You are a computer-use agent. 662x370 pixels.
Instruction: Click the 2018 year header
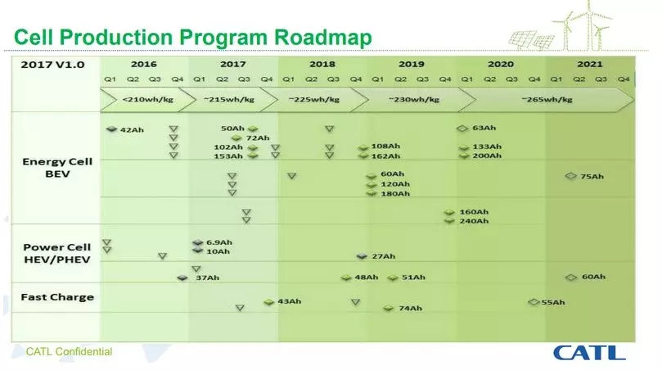tap(322, 64)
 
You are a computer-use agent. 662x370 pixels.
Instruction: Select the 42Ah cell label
tap(132, 129)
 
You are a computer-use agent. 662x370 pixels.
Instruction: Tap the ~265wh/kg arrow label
tap(547, 100)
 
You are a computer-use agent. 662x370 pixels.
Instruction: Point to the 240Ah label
tap(474, 221)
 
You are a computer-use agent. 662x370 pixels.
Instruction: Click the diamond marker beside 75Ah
tap(571, 176)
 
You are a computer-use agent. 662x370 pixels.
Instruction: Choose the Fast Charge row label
tap(57, 297)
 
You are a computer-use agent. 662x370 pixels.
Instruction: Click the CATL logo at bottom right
tap(589, 353)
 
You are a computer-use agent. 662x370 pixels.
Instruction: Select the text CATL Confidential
tap(70, 351)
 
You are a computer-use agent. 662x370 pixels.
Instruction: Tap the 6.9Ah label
tap(219, 242)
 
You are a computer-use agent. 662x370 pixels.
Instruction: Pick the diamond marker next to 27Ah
tap(362, 256)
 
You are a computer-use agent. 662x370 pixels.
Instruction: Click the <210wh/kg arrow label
tap(148, 100)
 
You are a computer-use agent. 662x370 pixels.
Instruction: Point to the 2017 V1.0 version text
tap(52, 65)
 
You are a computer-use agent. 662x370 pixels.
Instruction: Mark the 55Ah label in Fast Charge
tap(553, 302)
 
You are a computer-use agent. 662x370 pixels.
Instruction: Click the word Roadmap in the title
tap(323, 37)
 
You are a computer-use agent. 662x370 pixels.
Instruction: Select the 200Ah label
tap(487, 156)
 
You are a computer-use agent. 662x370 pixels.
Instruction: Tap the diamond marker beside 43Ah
tap(269, 302)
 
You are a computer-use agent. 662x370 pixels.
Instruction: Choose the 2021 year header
tap(590, 64)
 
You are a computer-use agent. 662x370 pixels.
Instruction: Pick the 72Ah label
tap(258, 138)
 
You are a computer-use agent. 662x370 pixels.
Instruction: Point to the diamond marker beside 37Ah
tap(182, 277)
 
